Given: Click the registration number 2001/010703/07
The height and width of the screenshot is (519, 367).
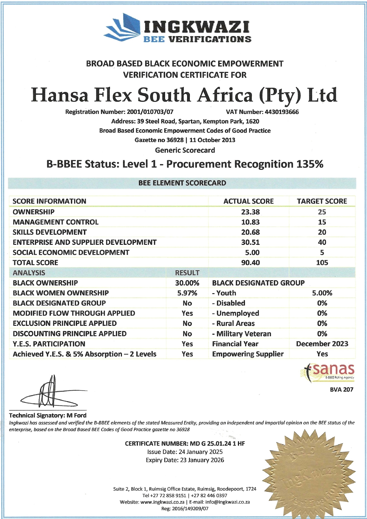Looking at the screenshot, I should click(150, 112).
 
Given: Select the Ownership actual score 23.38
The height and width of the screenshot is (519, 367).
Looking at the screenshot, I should click(250, 212).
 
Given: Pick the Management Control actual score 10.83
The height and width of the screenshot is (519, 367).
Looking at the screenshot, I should click(250, 222).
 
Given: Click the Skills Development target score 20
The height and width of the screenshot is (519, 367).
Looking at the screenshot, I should click(322, 232).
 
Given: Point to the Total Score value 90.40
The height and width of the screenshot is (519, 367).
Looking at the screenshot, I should click(250, 262).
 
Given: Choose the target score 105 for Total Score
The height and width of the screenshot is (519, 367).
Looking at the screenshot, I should click(322, 262).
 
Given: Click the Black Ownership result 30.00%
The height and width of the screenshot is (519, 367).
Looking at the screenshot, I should click(187, 283).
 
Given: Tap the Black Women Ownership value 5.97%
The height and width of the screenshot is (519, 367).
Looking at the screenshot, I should click(187, 293).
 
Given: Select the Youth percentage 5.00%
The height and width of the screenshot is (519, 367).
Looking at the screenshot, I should click(322, 293).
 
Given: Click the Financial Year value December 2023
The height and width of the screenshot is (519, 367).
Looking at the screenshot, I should click(322, 344).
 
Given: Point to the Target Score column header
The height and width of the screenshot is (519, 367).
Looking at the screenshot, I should click(322, 201).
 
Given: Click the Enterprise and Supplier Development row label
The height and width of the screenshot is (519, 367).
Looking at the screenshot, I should click(84, 242).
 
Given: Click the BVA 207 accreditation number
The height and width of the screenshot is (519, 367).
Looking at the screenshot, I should click(342, 389).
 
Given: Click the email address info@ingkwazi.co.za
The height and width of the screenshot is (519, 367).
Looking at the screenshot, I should click(227, 502).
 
